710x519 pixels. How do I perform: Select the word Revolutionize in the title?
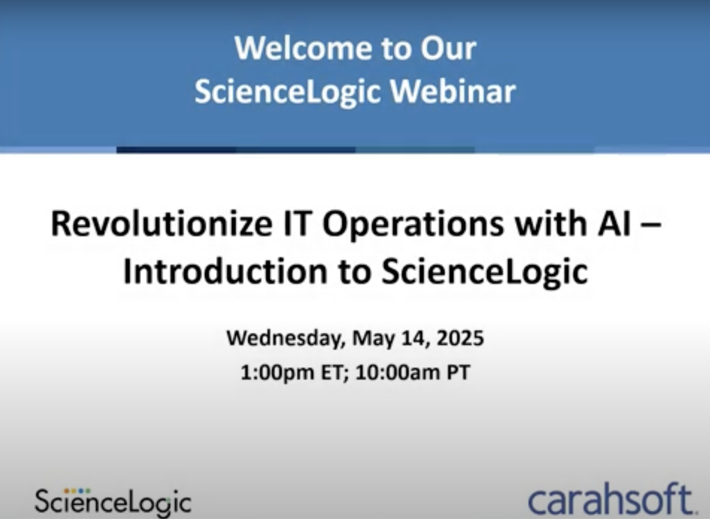click(x=162, y=224)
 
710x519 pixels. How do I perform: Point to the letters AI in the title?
click(x=614, y=224)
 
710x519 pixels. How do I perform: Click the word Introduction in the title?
click(x=225, y=271)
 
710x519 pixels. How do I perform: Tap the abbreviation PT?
click(x=459, y=372)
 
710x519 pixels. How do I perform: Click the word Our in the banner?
click(x=448, y=49)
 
